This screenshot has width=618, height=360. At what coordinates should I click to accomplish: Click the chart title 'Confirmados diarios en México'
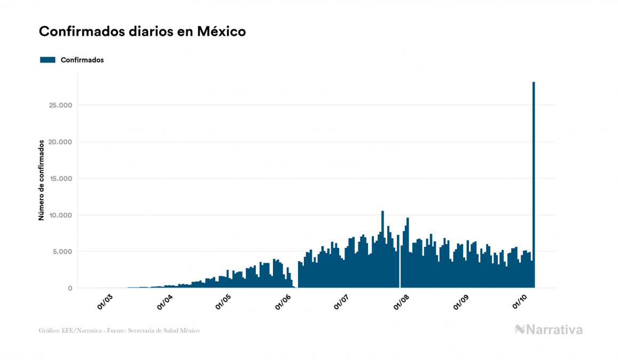[142, 32]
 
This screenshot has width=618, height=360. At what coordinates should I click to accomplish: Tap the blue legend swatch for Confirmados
[48, 60]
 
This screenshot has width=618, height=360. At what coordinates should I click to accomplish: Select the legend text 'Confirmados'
[82, 60]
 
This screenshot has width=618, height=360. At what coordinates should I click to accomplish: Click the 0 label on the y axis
[69, 288]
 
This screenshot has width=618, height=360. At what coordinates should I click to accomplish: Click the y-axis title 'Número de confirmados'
[41, 181]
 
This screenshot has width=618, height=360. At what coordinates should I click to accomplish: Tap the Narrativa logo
[549, 330]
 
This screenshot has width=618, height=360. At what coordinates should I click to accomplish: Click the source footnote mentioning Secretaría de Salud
[119, 331]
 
